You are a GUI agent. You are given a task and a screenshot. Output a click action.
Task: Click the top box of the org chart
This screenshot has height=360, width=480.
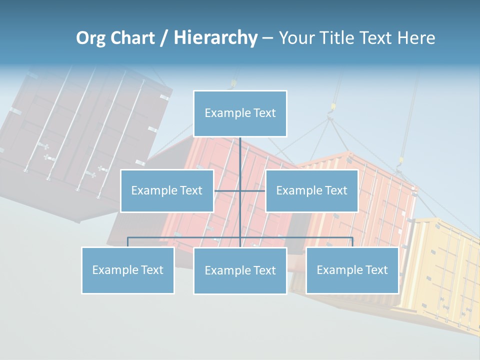pyautogui.click(x=240, y=113)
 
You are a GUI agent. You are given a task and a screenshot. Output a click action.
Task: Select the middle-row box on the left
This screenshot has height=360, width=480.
pyautogui.click(x=167, y=190)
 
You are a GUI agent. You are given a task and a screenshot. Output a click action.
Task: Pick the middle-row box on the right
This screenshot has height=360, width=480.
pyautogui.click(x=311, y=190)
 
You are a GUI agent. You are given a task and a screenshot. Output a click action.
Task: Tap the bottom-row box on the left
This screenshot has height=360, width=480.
pyautogui.click(x=127, y=270)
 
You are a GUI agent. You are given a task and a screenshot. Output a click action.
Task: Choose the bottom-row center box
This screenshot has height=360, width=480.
pyautogui.click(x=240, y=270)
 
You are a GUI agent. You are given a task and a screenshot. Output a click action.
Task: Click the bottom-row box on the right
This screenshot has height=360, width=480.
pyautogui.click(x=352, y=270)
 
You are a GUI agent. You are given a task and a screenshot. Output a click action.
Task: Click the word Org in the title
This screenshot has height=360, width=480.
pyautogui.click(x=89, y=38)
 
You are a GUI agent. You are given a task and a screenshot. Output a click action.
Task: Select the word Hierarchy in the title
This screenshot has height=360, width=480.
pyautogui.click(x=215, y=38)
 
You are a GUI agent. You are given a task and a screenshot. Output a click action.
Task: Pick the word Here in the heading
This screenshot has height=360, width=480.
pyautogui.click(x=416, y=38)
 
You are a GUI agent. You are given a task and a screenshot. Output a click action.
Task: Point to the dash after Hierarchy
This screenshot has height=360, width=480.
pyautogui.click(x=267, y=38)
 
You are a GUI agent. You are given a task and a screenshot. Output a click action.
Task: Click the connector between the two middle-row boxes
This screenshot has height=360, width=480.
pyautogui.click(x=252, y=190)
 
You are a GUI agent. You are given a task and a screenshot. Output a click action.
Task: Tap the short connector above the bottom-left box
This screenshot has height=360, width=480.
pyautogui.click(x=127, y=242)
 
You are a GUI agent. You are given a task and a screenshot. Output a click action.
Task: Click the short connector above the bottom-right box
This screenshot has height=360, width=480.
pyautogui.click(x=352, y=242)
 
